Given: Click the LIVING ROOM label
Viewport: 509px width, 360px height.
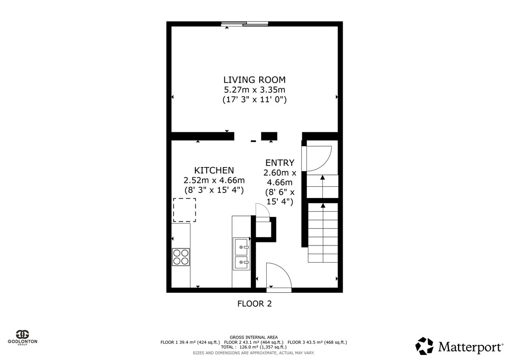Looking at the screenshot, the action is tap(254, 79).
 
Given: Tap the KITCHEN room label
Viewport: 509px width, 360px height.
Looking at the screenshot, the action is tap(214, 170).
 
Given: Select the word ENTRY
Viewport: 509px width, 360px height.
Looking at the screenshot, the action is tap(280, 162).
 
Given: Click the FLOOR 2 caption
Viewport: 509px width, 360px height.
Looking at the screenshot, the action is tap(254, 304).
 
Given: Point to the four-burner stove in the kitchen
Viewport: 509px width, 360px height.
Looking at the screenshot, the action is tap(181, 257).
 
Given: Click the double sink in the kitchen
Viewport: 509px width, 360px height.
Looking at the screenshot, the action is tap(241, 254).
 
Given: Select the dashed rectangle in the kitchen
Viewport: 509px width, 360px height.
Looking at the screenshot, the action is tap(184, 210).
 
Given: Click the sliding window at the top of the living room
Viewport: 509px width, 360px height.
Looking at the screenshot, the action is tap(245, 24).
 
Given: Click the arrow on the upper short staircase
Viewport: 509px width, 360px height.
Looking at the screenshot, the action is tap(323, 186).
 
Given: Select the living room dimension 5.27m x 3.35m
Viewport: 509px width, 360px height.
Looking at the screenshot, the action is tap(254, 90).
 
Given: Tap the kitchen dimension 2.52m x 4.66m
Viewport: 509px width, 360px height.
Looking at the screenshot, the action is tap(214, 180).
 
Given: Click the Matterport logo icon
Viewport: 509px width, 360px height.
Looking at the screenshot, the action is tap(425, 346).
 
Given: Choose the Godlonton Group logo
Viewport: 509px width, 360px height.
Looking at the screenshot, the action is tap(23, 338).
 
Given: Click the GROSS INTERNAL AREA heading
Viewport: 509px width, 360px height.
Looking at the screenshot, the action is tap(253, 337).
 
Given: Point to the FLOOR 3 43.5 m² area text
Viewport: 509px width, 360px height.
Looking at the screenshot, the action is tap(317, 342).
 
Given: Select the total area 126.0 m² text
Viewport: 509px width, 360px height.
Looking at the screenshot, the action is tap(253, 347).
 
